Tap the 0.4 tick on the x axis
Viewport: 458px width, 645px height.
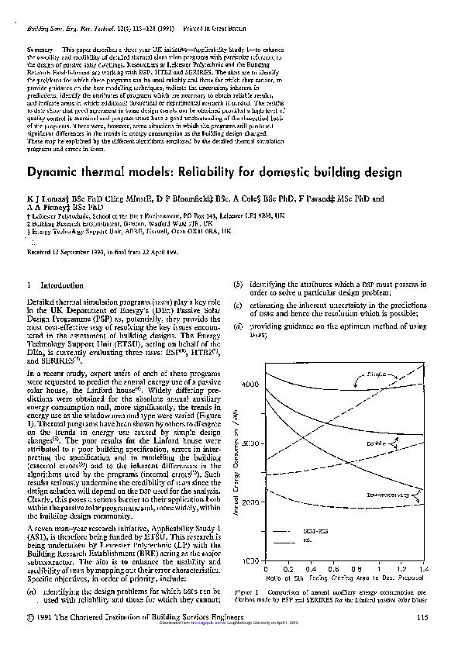pos(310,568)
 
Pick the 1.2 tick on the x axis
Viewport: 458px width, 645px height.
pos(403,568)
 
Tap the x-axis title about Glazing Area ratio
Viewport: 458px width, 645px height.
pos(341,578)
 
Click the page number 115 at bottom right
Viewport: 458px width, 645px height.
pos(422,617)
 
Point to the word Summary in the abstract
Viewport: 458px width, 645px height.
pos(40,49)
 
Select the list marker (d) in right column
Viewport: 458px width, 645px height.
pos(239,326)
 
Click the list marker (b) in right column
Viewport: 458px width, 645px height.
pos(239,285)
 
